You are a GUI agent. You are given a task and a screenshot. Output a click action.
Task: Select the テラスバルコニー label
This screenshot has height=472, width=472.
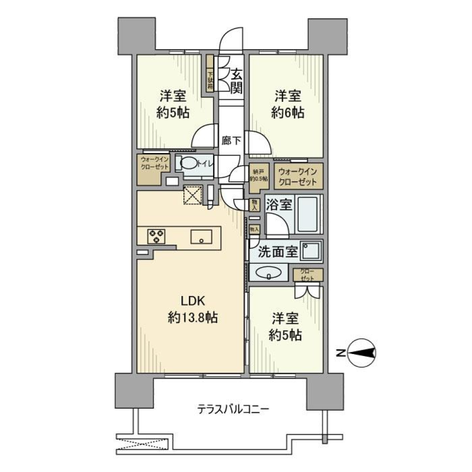click(233, 409)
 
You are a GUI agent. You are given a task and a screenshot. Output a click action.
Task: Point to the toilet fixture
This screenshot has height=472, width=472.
click(188, 164)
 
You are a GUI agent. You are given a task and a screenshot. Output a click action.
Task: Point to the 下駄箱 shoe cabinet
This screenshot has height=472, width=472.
click(210, 79)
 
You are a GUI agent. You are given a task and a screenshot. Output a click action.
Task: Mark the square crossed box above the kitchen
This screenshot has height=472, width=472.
click(193, 196)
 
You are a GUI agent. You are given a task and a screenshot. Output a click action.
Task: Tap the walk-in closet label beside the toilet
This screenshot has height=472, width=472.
click(154, 163)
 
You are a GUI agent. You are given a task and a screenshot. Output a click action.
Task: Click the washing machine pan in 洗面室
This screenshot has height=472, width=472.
click(311, 251)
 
